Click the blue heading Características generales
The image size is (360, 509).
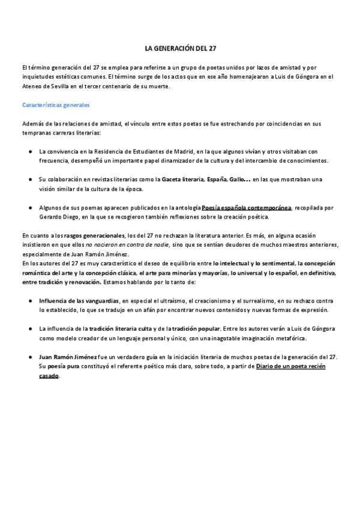tap(55, 105)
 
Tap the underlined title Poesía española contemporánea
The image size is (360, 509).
tap(246, 207)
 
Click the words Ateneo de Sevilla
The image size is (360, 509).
tap(47, 86)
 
